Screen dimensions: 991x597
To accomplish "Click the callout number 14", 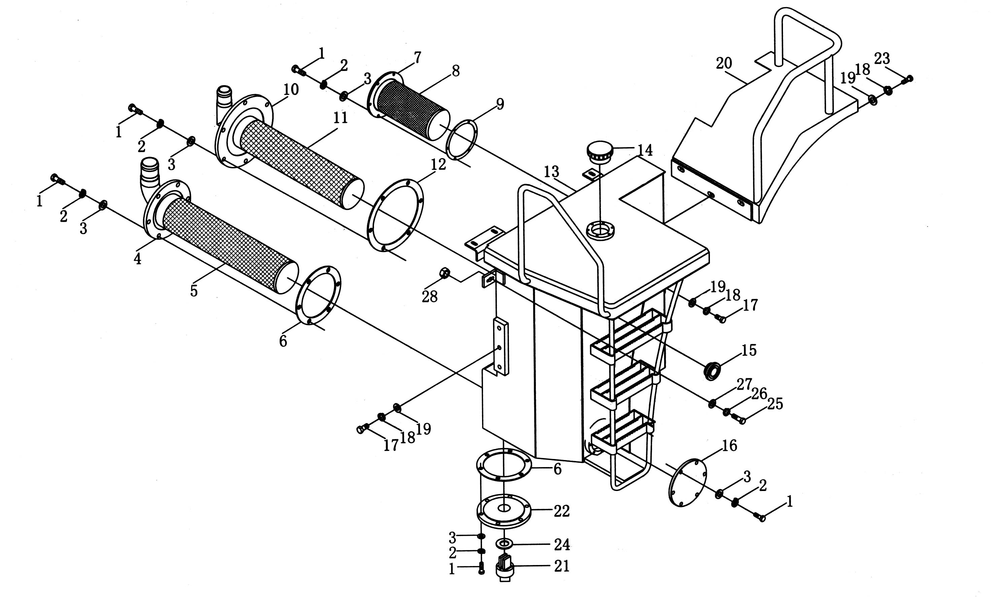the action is [645, 150].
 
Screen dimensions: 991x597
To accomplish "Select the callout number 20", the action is [724, 64].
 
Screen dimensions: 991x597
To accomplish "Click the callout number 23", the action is [882, 59].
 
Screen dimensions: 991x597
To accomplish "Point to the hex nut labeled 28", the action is [444, 273].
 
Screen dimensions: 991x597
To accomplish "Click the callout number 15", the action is [749, 350].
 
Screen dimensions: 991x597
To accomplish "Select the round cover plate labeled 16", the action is [687, 482].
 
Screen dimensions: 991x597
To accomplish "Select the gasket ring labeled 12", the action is [395, 216].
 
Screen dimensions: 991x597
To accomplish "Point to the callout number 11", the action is [340, 117].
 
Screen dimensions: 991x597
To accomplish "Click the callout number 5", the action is [194, 291].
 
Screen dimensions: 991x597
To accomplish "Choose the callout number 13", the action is [552, 172].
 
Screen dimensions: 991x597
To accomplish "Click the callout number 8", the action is [455, 71].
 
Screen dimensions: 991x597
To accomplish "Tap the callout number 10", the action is [291, 89].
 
